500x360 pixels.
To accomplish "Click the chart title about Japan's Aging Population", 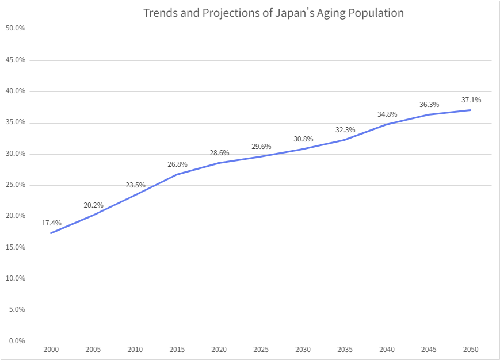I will pos(273,13).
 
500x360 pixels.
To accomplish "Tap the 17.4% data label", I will pos(51,223).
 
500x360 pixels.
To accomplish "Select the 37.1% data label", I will pos(471,100).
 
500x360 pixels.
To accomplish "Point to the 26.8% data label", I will pos(177,164).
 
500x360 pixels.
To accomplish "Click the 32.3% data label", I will pos(345,130).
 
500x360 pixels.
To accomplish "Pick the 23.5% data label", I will pos(135,185).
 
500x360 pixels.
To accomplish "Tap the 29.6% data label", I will pos(261,147).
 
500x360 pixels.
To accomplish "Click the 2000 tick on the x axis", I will pos(51,349).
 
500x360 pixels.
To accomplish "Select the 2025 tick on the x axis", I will pos(261,349).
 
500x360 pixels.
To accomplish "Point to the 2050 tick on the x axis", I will pos(471,349).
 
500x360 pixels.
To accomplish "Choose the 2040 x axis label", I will pos(387,349).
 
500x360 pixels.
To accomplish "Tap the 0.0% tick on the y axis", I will pos(17,342).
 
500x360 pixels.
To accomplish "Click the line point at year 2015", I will pos(177,174).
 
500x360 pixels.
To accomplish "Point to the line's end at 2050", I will pos(471,110).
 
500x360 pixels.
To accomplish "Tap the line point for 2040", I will pos(387,124).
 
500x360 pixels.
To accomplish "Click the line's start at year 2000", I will pos(51,233).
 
